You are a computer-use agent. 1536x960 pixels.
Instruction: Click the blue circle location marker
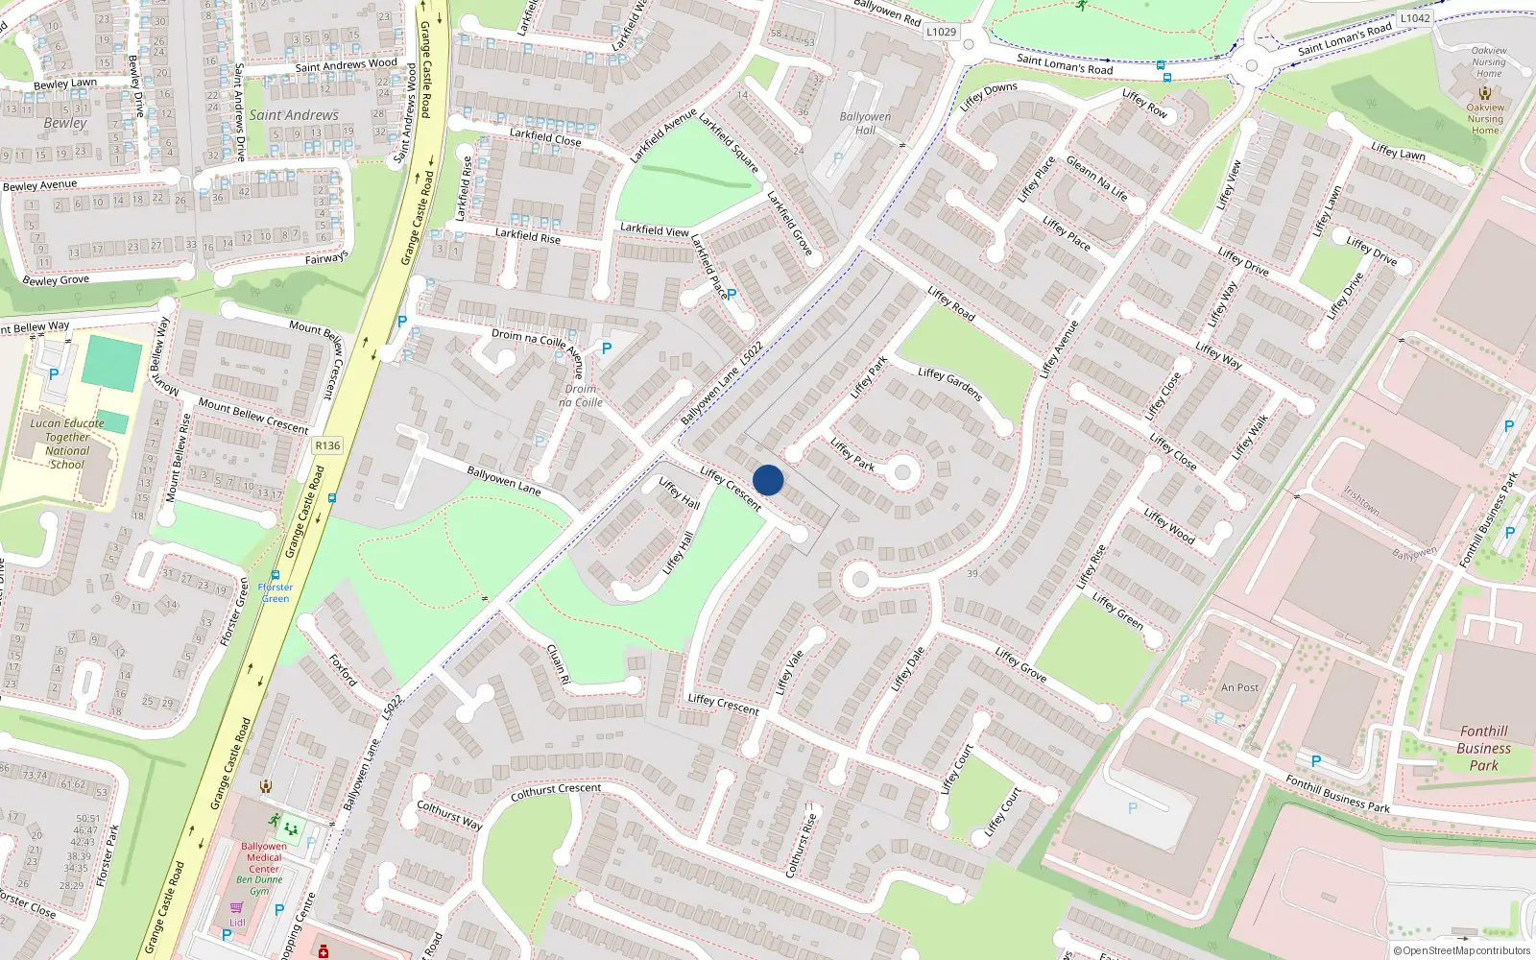tap(768, 480)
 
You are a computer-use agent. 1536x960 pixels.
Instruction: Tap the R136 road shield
tap(327, 445)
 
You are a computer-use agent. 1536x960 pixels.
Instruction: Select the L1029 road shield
tap(941, 32)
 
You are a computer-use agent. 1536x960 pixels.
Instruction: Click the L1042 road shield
tap(1414, 18)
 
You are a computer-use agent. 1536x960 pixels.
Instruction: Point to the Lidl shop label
tap(237, 923)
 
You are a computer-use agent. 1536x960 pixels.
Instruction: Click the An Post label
tap(1239, 687)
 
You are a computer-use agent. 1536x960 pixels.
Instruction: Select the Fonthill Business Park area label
tap(1483, 748)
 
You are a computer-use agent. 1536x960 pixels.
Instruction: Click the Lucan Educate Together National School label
tap(67, 444)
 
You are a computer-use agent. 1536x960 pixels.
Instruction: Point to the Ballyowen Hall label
tap(865, 123)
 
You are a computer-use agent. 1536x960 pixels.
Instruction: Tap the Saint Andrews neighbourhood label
tap(294, 115)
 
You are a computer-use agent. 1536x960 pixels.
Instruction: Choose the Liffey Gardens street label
tap(949, 384)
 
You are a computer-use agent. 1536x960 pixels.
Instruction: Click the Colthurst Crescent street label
tap(556, 792)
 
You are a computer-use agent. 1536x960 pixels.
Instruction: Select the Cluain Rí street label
tap(558, 663)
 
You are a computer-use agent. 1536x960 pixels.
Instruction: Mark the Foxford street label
tap(343, 670)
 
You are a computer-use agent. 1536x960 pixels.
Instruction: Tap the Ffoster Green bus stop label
tap(276, 592)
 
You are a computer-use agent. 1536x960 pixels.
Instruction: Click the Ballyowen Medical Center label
tap(264, 857)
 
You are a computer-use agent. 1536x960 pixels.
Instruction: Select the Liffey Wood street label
tap(1169, 526)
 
